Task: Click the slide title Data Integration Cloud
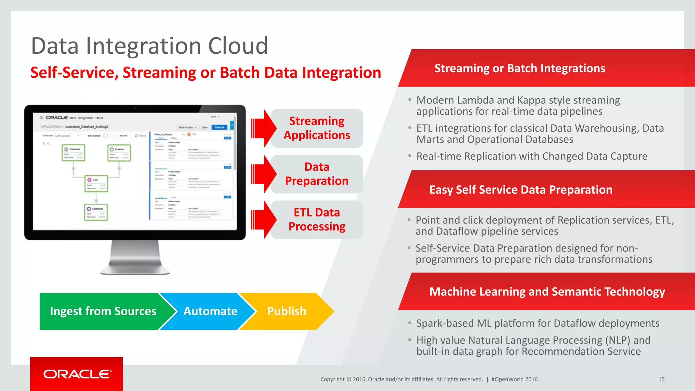(149, 46)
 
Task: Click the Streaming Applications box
(317, 128)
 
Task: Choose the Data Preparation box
(317, 174)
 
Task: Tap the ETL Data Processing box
(317, 220)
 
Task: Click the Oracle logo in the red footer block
(77, 374)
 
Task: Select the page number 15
(661, 379)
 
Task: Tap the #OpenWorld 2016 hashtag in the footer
(514, 379)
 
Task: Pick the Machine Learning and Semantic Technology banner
(547, 292)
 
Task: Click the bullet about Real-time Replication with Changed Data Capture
(531, 156)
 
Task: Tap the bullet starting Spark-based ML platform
(538, 323)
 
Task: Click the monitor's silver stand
(135, 258)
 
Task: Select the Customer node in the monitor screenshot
(73, 153)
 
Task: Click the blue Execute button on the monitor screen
(220, 127)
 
